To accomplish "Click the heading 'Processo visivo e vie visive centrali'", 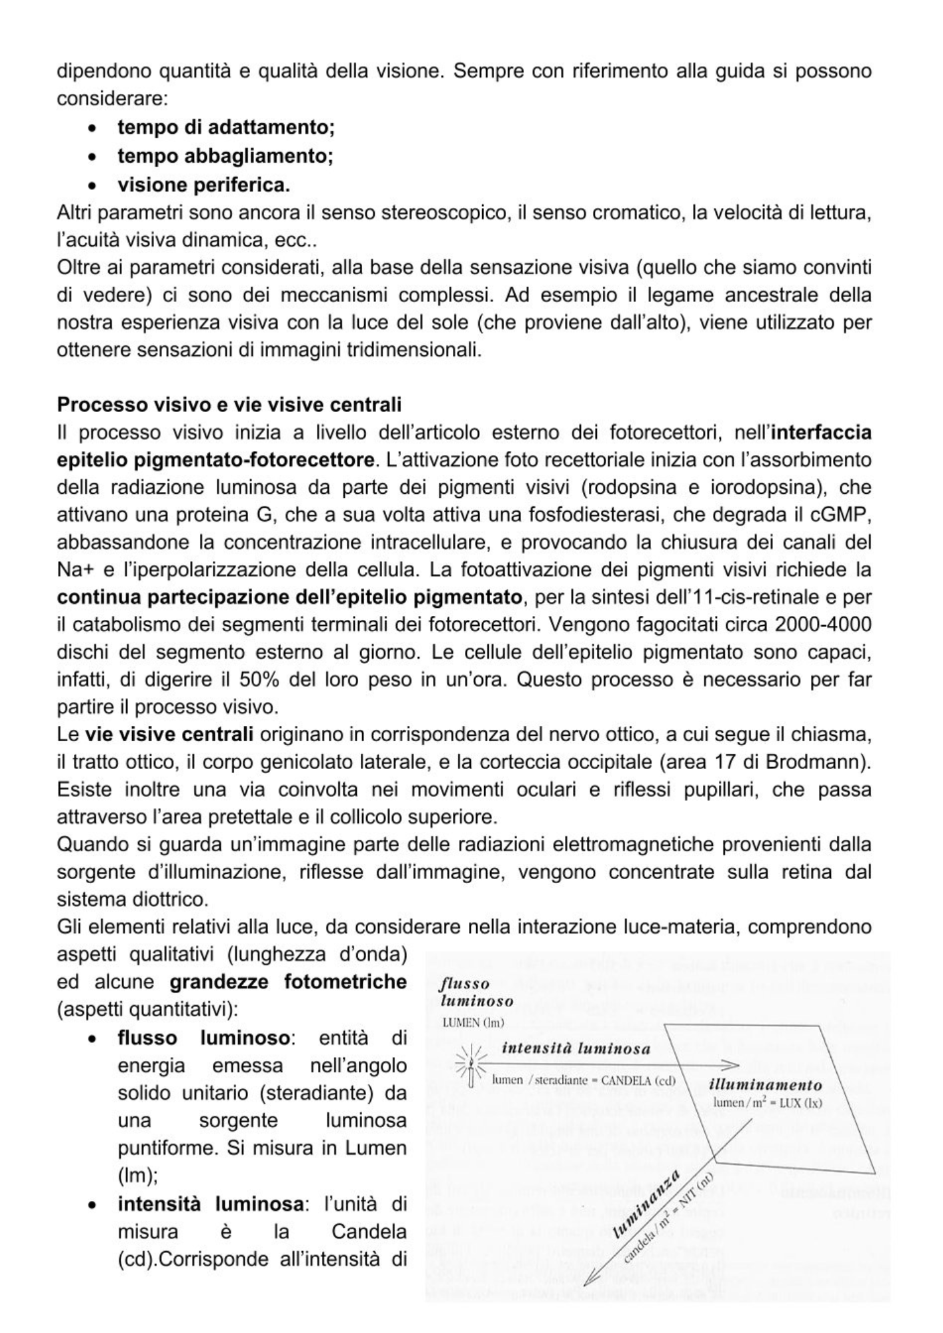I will (x=229, y=405).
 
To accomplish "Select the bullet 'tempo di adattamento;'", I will (x=225, y=127).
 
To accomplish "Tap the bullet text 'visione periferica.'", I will (x=203, y=185).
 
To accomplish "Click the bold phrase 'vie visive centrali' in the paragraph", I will (x=169, y=734).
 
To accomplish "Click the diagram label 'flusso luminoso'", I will (x=476, y=992).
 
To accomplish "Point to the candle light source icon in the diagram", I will (x=471, y=1070).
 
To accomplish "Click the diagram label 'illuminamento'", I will (x=765, y=1085).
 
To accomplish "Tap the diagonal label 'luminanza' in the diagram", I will (x=646, y=1203).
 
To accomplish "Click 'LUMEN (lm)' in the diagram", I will (x=474, y=1022).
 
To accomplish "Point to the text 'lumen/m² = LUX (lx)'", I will (x=767, y=1102).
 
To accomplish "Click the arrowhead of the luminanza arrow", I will (x=589, y=1280).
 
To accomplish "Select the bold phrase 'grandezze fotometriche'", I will (x=287, y=982).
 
